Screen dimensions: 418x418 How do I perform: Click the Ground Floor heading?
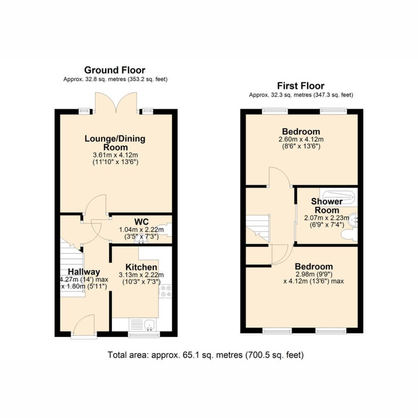click(115, 70)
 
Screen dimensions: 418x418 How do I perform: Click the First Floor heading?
click(301, 86)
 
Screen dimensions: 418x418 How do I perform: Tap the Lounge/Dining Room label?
click(115, 143)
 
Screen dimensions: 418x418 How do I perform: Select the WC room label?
click(142, 222)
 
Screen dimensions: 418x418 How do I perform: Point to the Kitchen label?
click(141, 267)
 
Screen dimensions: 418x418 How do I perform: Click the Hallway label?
click(84, 271)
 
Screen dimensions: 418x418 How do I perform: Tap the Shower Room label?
click(327, 206)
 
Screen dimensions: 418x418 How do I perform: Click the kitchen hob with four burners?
click(166, 291)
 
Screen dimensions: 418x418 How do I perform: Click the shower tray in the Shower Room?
click(338, 197)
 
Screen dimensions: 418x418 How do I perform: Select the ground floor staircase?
click(72, 267)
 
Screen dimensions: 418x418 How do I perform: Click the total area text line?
click(206, 355)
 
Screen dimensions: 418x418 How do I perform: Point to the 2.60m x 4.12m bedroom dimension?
click(301, 139)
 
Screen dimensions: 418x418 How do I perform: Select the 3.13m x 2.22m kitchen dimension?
click(141, 275)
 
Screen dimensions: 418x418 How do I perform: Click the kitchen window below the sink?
click(144, 335)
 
